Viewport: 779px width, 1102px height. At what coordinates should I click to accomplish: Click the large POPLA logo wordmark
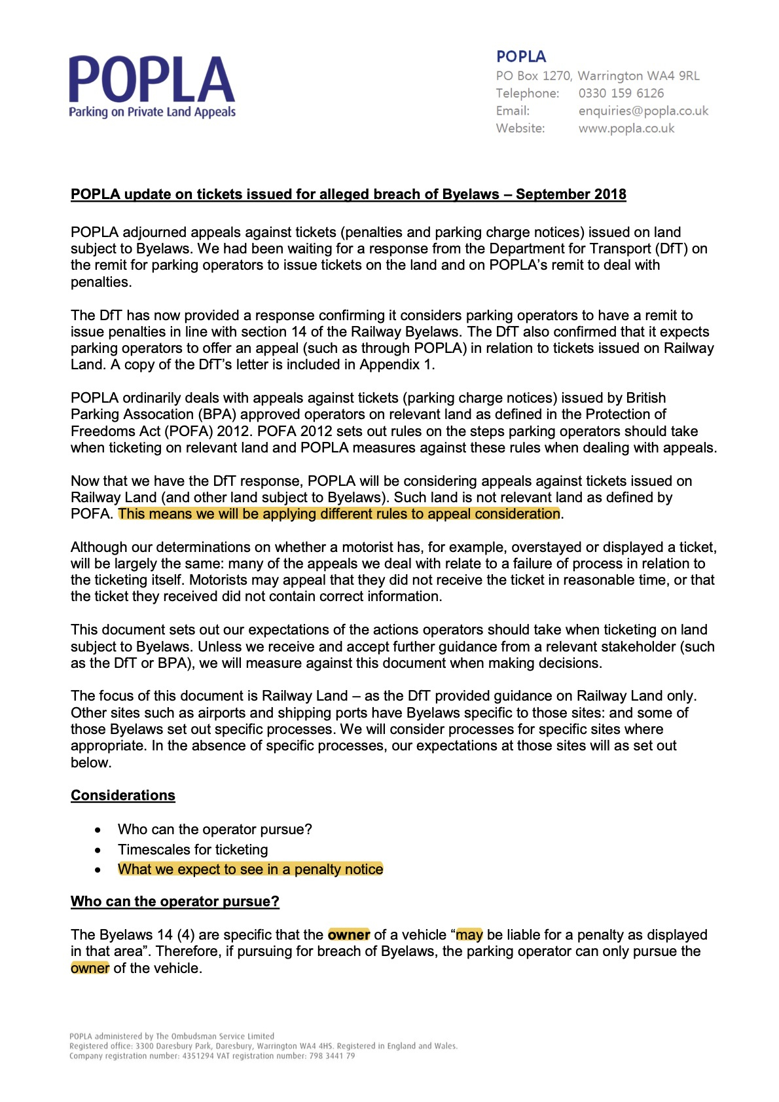pyautogui.click(x=151, y=79)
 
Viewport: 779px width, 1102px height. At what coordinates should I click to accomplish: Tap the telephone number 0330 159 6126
pyautogui.click(x=621, y=93)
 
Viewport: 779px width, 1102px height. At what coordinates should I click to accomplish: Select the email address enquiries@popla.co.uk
pyautogui.click(x=643, y=111)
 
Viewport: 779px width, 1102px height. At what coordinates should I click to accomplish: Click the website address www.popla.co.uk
pyautogui.click(x=626, y=128)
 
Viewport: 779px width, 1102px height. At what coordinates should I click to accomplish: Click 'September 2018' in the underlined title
pyautogui.click(x=571, y=194)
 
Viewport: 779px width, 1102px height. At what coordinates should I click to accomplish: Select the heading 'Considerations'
pyautogui.click(x=123, y=796)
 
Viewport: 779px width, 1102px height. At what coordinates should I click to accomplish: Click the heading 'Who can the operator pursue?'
pyautogui.click(x=175, y=902)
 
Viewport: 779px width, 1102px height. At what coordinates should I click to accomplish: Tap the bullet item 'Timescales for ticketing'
pyautogui.click(x=192, y=850)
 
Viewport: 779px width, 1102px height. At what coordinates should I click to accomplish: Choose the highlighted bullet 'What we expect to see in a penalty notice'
pyautogui.click(x=250, y=870)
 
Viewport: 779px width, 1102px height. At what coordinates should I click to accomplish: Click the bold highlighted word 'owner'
pyautogui.click(x=349, y=935)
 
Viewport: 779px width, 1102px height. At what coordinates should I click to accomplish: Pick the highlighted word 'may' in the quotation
pyautogui.click(x=469, y=935)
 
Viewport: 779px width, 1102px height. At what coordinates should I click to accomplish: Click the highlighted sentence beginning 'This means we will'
pyautogui.click(x=339, y=514)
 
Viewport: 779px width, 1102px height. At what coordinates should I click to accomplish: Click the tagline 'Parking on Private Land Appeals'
pyautogui.click(x=152, y=112)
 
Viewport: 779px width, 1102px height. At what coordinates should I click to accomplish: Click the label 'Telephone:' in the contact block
pyautogui.click(x=527, y=93)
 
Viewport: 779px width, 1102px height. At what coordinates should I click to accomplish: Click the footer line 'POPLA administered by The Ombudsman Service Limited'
pyautogui.click(x=172, y=1037)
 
